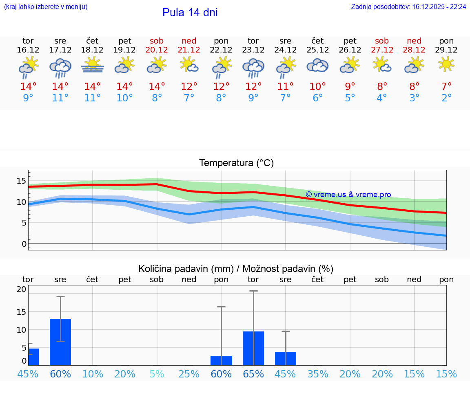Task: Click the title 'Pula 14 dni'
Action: (190, 13)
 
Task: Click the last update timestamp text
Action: (408, 7)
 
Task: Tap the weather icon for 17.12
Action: (60, 67)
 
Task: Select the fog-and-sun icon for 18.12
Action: (93, 65)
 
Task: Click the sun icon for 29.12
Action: (446, 64)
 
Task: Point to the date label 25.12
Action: (317, 50)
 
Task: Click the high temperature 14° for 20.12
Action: (157, 86)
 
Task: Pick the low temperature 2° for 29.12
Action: (446, 98)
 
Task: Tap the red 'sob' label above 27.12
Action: (382, 41)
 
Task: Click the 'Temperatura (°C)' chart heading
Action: (236, 163)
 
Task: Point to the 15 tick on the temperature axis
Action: (21, 181)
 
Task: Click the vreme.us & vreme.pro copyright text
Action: (348, 195)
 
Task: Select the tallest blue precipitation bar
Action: (60, 342)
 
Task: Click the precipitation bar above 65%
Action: (253, 348)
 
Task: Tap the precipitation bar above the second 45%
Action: (286, 358)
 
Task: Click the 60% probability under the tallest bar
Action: (60, 374)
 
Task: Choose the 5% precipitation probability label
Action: (157, 374)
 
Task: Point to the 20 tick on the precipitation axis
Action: (21, 289)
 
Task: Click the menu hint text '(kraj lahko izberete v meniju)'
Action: (46, 7)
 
